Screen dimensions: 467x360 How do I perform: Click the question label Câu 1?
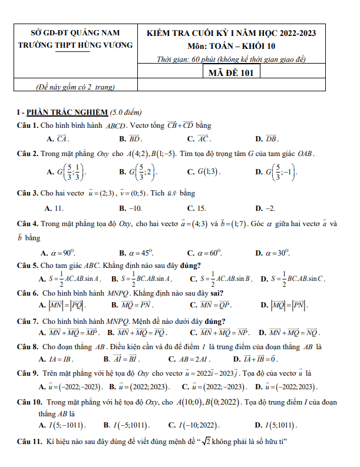click(28, 125)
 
